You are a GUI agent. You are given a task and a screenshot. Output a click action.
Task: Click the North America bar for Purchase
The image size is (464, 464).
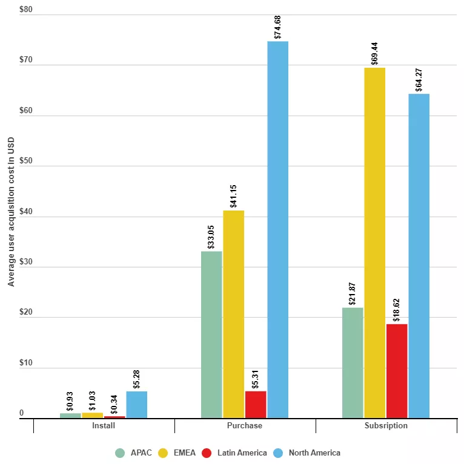pyautogui.click(x=277, y=230)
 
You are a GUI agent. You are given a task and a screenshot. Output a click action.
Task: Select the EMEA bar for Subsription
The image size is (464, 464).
pyautogui.click(x=374, y=243)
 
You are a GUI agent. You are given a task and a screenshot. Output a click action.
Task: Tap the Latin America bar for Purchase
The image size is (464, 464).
pyautogui.click(x=256, y=404)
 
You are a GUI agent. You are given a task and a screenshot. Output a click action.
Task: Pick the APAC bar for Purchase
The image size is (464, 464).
pyautogui.click(x=211, y=335)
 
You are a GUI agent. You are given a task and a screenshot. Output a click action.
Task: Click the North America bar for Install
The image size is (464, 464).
pyautogui.click(x=136, y=404)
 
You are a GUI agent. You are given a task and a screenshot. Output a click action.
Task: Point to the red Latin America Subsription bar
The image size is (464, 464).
pyautogui.click(x=397, y=371)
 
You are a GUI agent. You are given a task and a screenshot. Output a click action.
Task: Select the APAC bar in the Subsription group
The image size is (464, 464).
pyautogui.click(x=353, y=362)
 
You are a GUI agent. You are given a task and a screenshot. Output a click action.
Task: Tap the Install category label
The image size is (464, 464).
pyautogui.click(x=103, y=426)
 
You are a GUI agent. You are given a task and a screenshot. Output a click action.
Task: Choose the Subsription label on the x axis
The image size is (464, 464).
pyautogui.click(x=386, y=426)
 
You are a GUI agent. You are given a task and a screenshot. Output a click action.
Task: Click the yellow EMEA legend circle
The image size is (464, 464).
pyautogui.click(x=164, y=453)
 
